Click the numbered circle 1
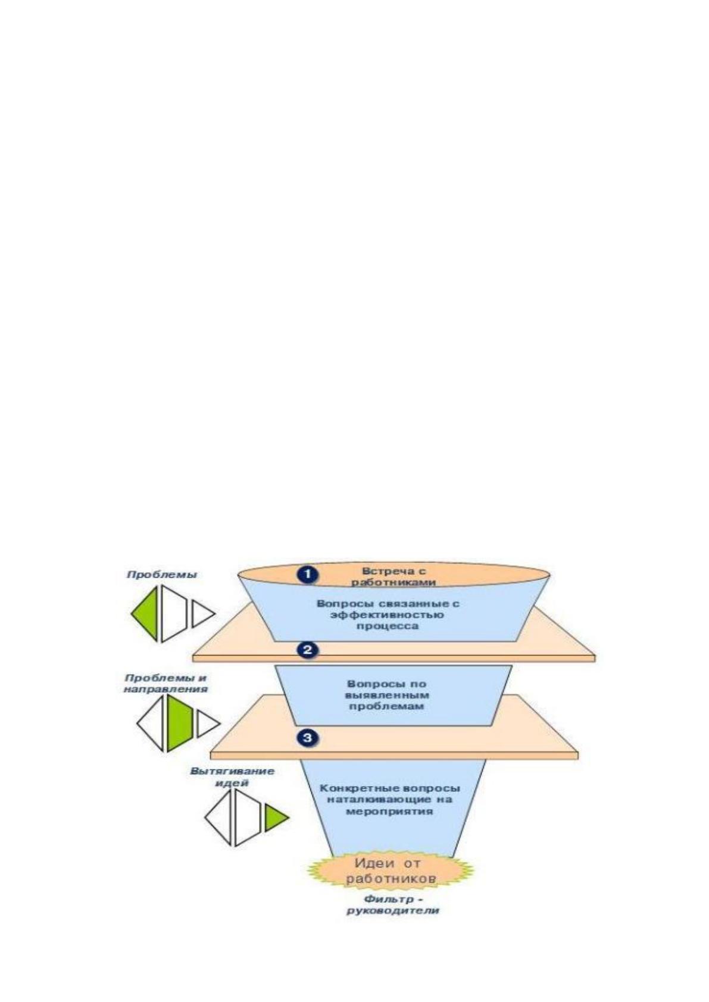[307, 574]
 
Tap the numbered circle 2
[307, 649]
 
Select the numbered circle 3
[307, 737]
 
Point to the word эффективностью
[388, 615]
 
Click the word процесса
[388, 626]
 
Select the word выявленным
[387, 695]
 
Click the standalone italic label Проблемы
[161, 575]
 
